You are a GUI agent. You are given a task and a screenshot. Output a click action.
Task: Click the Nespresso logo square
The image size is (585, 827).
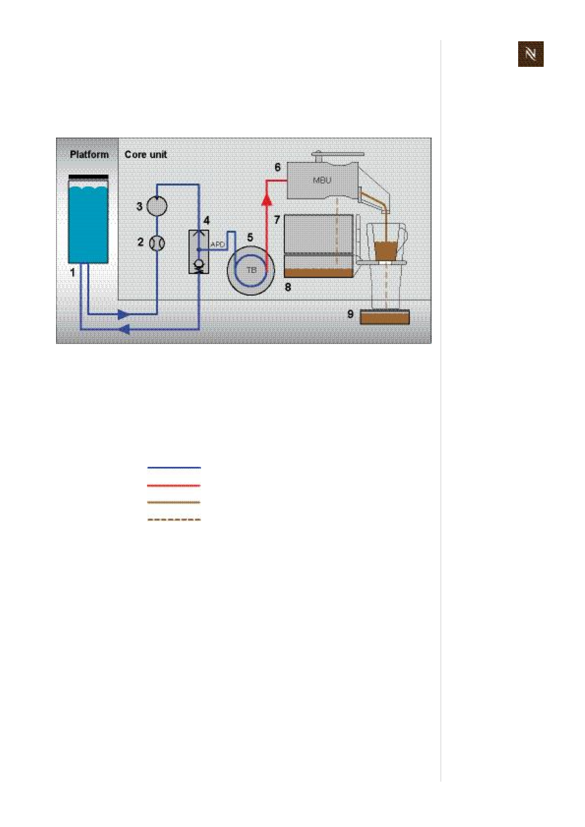click(x=530, y=54)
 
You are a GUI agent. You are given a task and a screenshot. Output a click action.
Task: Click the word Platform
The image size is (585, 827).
click(x=89, y=154)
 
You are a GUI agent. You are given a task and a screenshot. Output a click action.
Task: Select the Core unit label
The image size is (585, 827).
click(x=146, y=154)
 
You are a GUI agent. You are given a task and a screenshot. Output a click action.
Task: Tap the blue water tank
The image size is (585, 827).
click(x=88, y=224)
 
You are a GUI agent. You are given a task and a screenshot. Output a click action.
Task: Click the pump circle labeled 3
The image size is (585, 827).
click(x=157, y=206)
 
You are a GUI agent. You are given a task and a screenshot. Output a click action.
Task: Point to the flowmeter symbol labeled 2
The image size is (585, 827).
click(x=157, y=243)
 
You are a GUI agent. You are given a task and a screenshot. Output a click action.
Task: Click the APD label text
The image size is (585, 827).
click(x=217, y=244)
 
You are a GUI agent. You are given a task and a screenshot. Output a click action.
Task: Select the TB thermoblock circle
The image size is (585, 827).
click(x=251, y=270)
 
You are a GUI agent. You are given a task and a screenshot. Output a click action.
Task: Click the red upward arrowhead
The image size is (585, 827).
click(x=266, y=199)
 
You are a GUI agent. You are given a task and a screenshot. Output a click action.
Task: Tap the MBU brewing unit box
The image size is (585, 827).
click(x=322, y=180)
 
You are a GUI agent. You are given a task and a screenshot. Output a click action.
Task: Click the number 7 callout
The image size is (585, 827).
click(x=277, y=220)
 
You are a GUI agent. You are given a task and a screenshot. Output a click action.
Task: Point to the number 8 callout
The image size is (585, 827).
click(x=288, y=286)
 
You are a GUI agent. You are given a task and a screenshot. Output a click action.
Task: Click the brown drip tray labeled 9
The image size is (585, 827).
click(x=384, y=317)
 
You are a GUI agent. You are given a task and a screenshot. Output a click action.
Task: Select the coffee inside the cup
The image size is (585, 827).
click(x=385, y=250)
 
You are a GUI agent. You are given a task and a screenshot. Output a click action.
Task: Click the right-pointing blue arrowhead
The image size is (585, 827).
click(x=123, y=314)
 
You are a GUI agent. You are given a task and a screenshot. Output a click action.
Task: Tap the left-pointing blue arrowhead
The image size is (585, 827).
click(x=124, y=329)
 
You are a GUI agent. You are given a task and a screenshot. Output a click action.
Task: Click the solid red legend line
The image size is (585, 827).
click(x=174, y=485)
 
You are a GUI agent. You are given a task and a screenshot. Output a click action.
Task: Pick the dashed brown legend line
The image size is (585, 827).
click(x=174, y=519)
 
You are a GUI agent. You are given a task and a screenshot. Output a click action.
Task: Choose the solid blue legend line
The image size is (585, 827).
click(x=174, y=468)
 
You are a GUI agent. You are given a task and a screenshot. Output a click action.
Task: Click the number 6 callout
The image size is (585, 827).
click(x=277, y=167)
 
